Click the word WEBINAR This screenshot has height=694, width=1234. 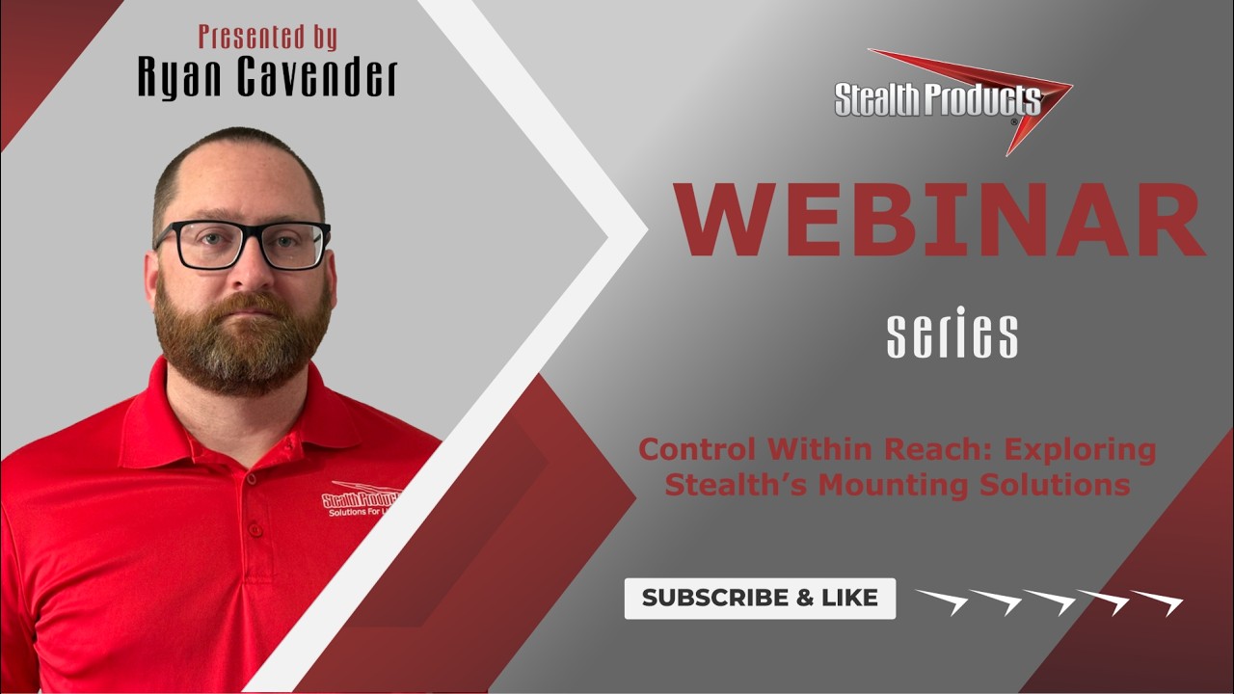click(x=940, y=220)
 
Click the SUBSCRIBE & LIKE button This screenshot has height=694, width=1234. click(x=760, y=598)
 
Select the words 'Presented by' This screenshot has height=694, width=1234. click(x=268, y=37)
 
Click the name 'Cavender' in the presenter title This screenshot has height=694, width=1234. click(x=318, y=78)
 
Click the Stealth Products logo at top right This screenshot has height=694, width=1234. click(x=950, y=99)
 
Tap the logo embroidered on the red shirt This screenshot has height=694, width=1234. click(x=363, y=502)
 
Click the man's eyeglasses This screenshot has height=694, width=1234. click(x=243, y=244)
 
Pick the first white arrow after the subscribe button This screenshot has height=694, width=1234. click(x=941, y=601)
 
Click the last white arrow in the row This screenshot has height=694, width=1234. click(x=1157, y=601)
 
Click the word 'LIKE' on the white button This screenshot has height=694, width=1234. click(x=848, y=598)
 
